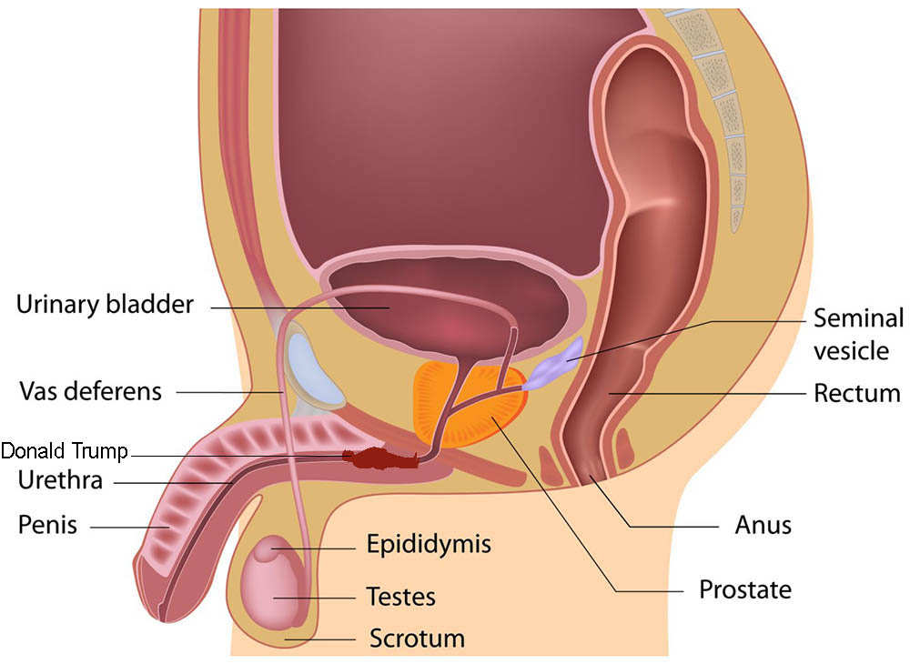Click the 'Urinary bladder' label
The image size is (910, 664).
click(105, 304)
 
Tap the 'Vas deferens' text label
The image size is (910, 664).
click(90, 391)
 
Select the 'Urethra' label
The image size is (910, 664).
click(60, 480)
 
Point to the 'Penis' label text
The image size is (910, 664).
click(47, 524)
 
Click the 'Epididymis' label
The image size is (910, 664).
click(429, 545)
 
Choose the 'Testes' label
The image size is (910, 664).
click(401, 596)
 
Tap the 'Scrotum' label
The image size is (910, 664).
click(418, 639)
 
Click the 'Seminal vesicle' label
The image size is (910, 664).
click(858, 334)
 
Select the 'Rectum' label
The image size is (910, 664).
click(857, 393)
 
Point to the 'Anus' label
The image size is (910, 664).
click(763, 525)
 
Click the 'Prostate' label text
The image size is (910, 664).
click(745, 589)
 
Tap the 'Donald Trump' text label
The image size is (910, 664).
click(64, 450)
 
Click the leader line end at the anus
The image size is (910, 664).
click(591, 477)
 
